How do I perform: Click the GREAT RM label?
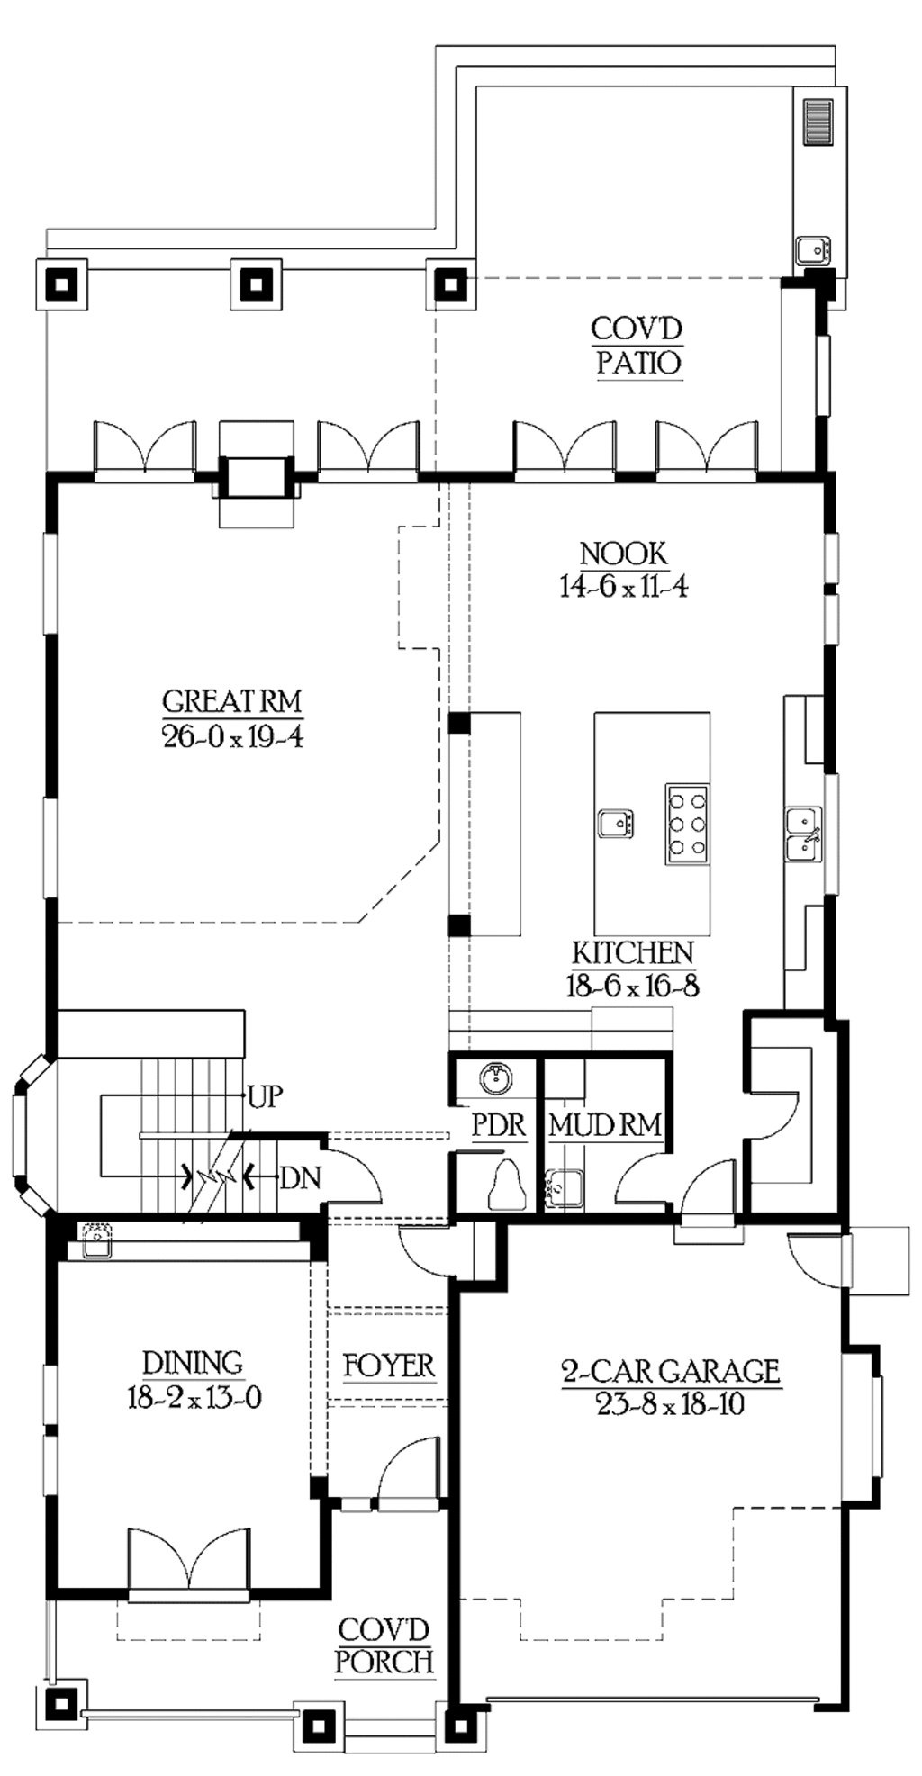tap(231, 700)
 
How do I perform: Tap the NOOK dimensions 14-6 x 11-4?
tap(623, 587)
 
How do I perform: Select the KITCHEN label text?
tap(633, 952)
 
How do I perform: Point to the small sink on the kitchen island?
tap(616, 823)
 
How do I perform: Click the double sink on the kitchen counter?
tap(802, 834)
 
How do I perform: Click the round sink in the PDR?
tap(493, 1076)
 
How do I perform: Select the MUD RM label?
tap(604, 1124)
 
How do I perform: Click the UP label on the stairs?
tap(265, 1096)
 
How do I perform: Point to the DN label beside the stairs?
tap(300, 1177)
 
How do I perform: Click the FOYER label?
tap(389, 1366)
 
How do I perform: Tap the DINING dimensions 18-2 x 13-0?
tap(194, 1398)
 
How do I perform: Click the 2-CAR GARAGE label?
tap(670, 1371)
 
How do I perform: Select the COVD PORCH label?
tap(384, 1645)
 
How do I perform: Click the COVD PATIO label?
tap(637, 347)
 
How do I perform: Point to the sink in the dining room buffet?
tap(95, 1240)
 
